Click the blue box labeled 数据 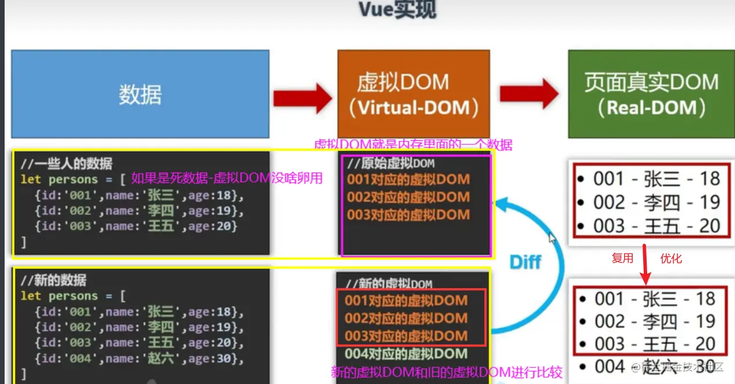click(x=140, y=94)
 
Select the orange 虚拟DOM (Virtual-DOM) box click(x=413, y=94)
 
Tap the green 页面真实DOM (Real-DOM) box click(x=651, y=94)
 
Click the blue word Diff click(x=525, y=262)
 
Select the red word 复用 click(x=622, y=258)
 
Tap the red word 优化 click(x=671, y=258)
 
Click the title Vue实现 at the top click(x=398, y=9)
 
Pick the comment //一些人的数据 click(x=66, y=163)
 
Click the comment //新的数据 click(x=53, y=281)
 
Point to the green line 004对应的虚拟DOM click(x=406, y=353)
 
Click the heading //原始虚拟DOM click(x=390, y=163)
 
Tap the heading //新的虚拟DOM click(x=389, y=284)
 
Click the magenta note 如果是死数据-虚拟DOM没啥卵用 click(x=227, y=178)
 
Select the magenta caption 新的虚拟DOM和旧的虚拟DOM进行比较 click(x=446, y=372)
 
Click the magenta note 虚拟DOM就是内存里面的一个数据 click(x=413, y=144)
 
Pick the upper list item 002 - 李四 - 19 click(x=649, y=202)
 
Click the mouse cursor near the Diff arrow click(x=552, y=237)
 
